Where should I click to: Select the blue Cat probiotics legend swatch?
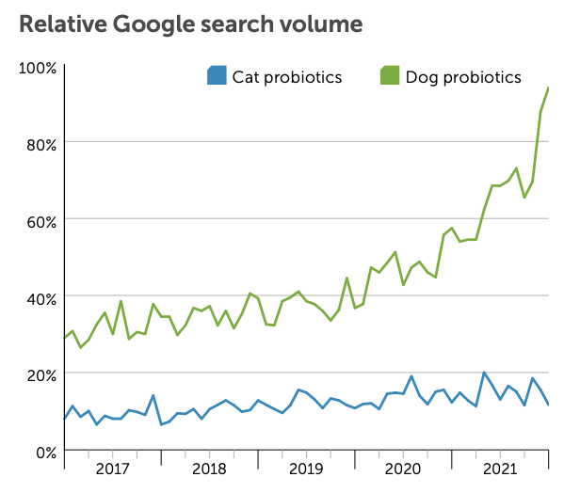pos(217,76)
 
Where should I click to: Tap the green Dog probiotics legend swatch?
pos(389,76)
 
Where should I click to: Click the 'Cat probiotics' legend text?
pos(287,77)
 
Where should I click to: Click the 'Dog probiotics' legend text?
pos(463,77)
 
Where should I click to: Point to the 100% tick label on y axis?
pos(39,68)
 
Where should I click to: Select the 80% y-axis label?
pos(41,144)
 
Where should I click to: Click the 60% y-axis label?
pos(41,221)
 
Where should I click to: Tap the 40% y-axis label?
pos(41,298)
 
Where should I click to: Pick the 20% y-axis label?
pos(41,374)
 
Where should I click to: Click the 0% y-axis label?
pos(45,452)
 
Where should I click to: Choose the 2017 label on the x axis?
pos(112,469)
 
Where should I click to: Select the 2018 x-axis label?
pos(209,469)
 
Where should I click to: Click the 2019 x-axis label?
pos(306,469)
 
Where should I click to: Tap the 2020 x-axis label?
pos(403,469)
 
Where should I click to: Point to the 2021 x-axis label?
pos(499,469)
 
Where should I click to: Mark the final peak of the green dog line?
pos(548,87)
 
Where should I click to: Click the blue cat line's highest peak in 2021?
pos(484,373)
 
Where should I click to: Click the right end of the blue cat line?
pos(548,405)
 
